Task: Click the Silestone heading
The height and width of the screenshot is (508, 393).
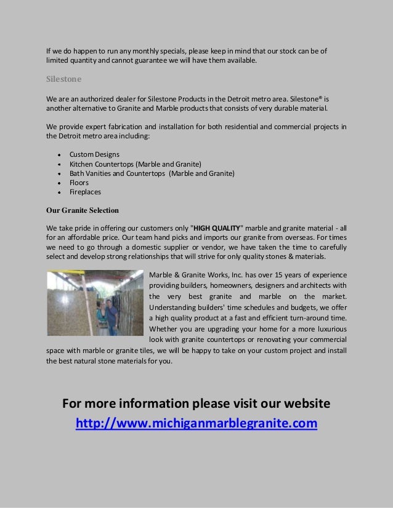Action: (x=64, y=79)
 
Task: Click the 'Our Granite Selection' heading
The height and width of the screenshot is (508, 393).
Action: (x=83, y=210)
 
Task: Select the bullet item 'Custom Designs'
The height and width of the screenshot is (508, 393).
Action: (x=94, y=154)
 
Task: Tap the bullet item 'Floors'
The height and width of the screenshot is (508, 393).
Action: (x=79, y=183)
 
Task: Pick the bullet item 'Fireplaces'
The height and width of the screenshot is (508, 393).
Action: (x=85, y=192)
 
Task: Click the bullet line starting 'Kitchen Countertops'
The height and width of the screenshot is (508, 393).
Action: (x=139, y=164)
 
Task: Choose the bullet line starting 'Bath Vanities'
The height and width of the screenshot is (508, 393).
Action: (x=152, y=173)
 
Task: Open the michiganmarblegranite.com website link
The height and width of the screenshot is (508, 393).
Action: (x=197, y=424)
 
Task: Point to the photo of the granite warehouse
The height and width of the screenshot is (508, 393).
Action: (x=95, y=303)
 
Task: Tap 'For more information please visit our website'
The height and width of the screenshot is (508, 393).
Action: (x=197, y=404)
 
